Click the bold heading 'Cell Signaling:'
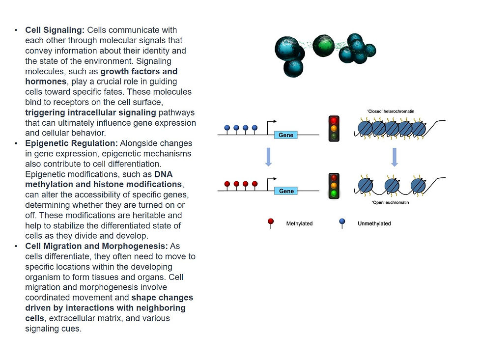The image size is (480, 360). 55,30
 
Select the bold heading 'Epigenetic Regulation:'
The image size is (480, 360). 71,143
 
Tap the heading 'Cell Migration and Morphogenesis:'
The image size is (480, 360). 96,246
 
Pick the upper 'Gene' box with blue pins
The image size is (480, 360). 286,135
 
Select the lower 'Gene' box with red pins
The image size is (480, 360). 286,191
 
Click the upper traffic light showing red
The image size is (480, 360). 334,129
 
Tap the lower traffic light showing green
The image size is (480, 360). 334,186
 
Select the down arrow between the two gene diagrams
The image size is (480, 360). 268,157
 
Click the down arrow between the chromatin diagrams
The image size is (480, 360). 394,157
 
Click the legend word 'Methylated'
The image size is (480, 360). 299,224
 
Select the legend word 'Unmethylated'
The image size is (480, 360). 374,224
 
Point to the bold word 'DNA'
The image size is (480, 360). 164,174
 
